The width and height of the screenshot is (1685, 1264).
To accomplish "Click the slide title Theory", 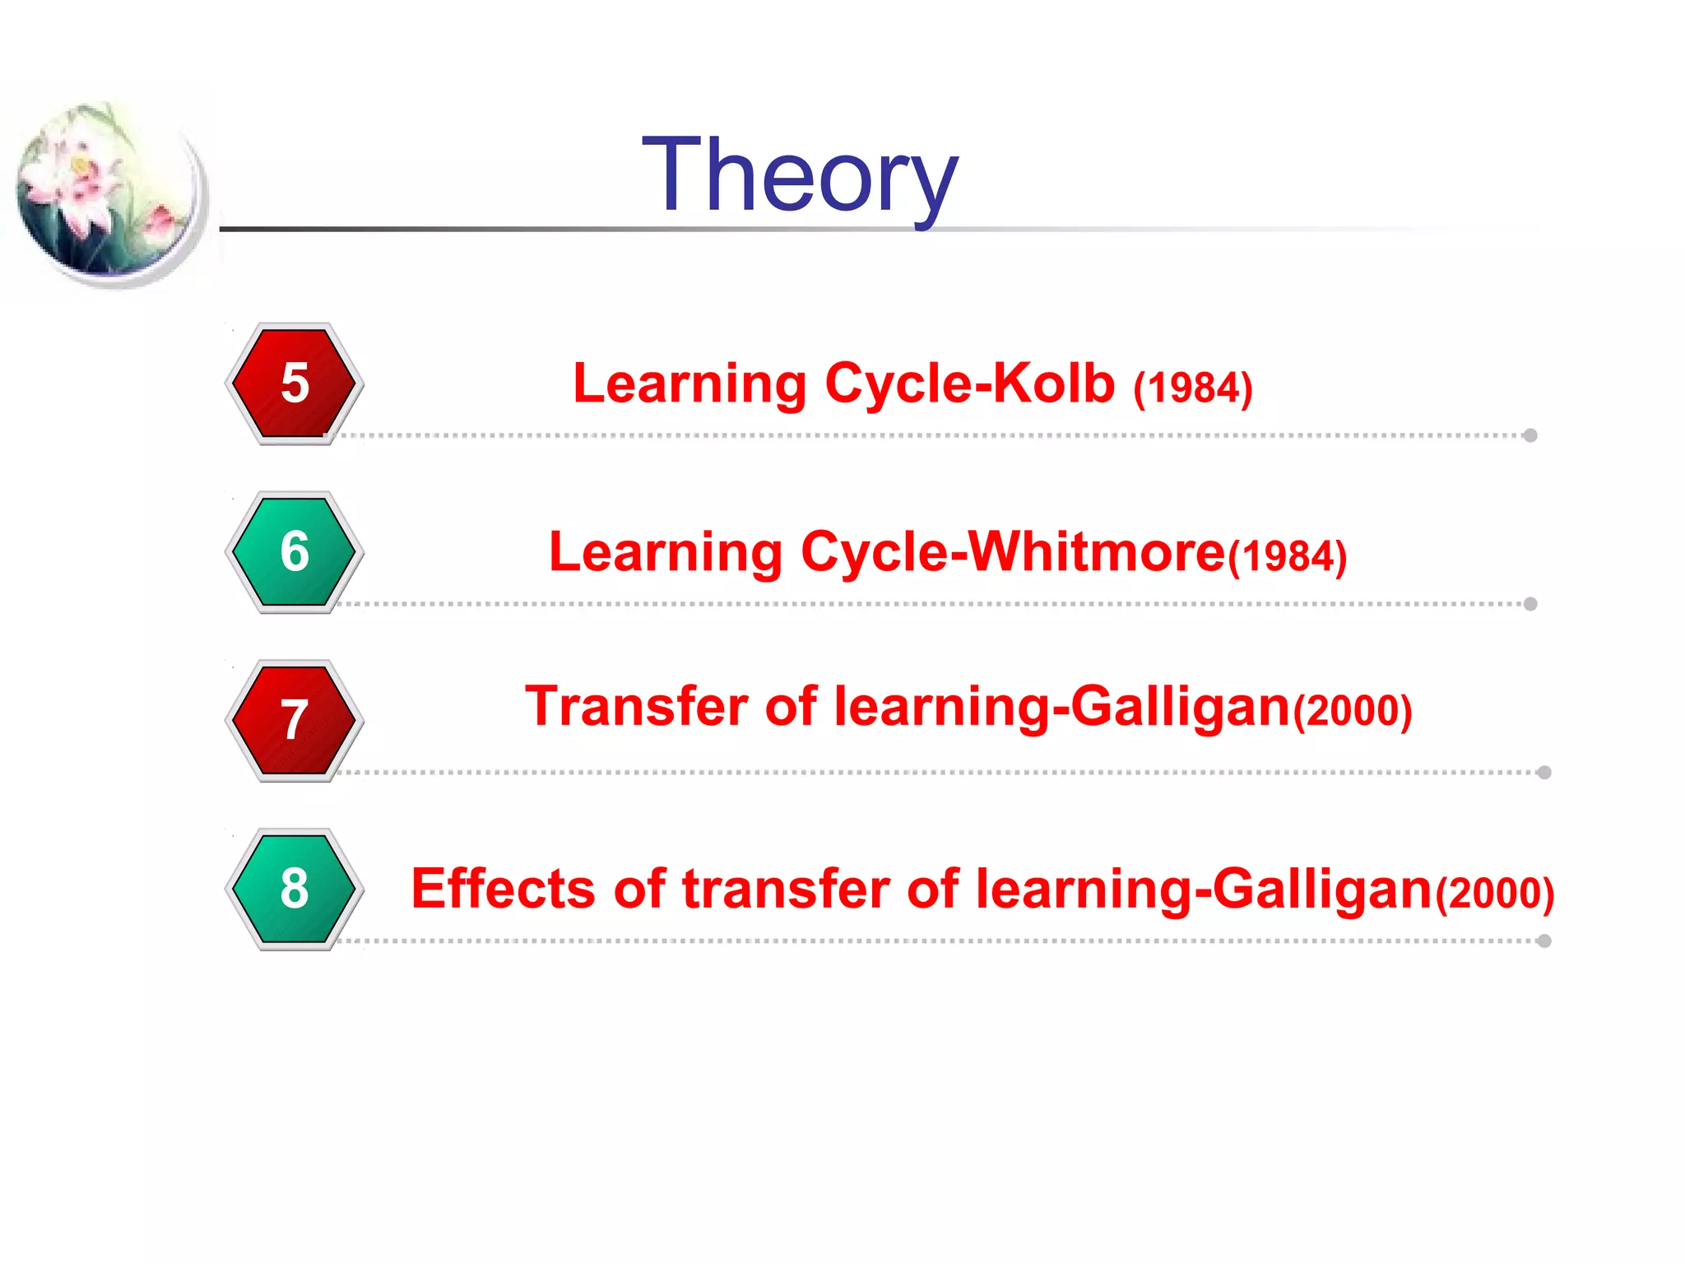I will pyautogui.click(x=800, y=175).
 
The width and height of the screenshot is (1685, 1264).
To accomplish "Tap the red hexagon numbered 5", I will pyautogui.click(x=295, y=383).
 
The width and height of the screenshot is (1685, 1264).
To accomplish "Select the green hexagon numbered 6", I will pyautogui.click(x=295, y=551).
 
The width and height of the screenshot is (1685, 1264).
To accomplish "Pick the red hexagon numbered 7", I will pyautogui.click(x=295, y=720).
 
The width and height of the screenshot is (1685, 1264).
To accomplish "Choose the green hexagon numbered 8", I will pyautogui.click(x=295, y=889).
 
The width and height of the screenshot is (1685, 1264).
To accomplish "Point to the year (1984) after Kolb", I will pyautogui.click(x=1193, y=388).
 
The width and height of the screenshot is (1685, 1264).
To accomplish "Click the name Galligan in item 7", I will pyautogui.click(x=1181, y=708).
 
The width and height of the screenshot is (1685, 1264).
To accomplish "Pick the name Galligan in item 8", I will pyautogui.click(x=1323, y=890).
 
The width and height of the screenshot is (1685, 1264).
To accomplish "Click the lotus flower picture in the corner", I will pyautogui.click(x=107, y=193).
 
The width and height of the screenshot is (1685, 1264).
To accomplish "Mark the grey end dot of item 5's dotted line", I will pyautogui.click(x=1530, y=435).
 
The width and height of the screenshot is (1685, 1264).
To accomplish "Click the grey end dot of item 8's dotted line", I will pyautogui.click(x=1544, y=941).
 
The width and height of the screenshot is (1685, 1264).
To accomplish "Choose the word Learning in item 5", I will pyautogui.click(x=689, y=385).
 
